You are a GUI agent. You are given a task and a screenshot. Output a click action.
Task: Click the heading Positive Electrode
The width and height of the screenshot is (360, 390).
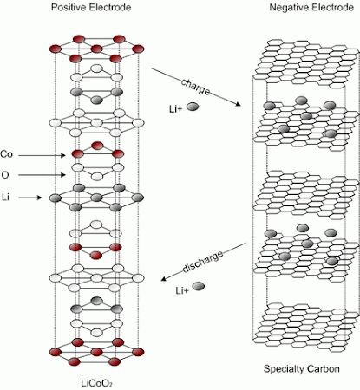coord(91,7)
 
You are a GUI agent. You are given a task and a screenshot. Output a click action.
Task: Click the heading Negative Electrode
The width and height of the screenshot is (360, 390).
coord(311,7)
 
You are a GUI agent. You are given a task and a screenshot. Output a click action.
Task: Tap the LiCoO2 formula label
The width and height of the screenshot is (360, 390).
coord(96,383)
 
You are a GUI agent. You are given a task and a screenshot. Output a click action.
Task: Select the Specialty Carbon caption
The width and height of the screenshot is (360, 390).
coord(302,369)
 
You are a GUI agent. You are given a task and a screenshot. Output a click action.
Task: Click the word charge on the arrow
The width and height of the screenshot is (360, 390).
coord(195,87)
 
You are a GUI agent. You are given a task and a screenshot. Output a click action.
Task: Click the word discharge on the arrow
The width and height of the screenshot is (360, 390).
coord(203,261)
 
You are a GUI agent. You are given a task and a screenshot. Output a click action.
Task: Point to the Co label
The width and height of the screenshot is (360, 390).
coord(6,154)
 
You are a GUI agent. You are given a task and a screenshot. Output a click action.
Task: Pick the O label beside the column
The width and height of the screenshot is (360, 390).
coord(5,175)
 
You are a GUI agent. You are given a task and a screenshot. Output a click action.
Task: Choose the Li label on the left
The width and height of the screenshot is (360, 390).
coord(5,198)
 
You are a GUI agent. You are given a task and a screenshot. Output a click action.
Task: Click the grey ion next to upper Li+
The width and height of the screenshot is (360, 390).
coord(193,107)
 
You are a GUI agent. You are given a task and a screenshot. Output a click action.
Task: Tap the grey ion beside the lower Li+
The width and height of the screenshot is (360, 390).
coord(199,286)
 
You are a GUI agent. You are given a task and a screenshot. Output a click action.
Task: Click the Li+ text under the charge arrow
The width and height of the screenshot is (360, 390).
coord(176,109)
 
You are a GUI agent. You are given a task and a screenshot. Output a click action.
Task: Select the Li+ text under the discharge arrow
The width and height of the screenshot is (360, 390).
coord(182,290)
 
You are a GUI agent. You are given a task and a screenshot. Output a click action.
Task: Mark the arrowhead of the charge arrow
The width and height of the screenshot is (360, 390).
coord(239,104)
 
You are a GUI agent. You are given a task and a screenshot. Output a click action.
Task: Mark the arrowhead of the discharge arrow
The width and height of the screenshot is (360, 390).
coord(164,278)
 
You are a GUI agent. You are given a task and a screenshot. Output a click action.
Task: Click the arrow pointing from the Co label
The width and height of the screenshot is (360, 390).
coord(42,155)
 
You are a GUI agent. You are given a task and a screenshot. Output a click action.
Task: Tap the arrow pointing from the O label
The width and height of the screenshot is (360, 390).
coord(42,175)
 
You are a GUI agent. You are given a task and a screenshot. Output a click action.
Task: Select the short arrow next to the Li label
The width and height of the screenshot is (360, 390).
coord(31,198)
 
